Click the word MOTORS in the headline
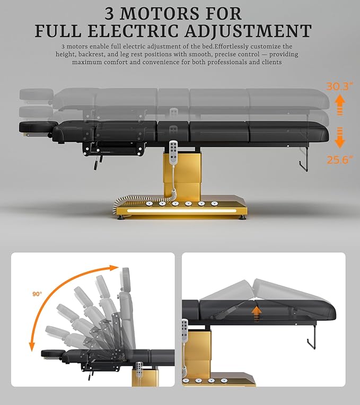pos(160,14)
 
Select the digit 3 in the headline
pos(109,14)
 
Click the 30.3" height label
pos(339,86)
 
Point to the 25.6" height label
pos(340,160)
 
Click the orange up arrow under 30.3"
pos(340,104)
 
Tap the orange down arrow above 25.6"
pos(340,138)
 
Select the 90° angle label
pos(37,294)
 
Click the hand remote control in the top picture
pos(173,152)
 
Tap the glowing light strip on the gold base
pos(181,211)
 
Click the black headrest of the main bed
pos(36,127)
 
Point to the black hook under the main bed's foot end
pos(304,160)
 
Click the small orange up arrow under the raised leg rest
pos(256,313)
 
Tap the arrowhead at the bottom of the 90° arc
pos(32,346)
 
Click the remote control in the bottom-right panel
pos(185,331)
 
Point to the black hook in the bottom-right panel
pos(312,338)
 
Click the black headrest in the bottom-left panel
pos(50,354)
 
